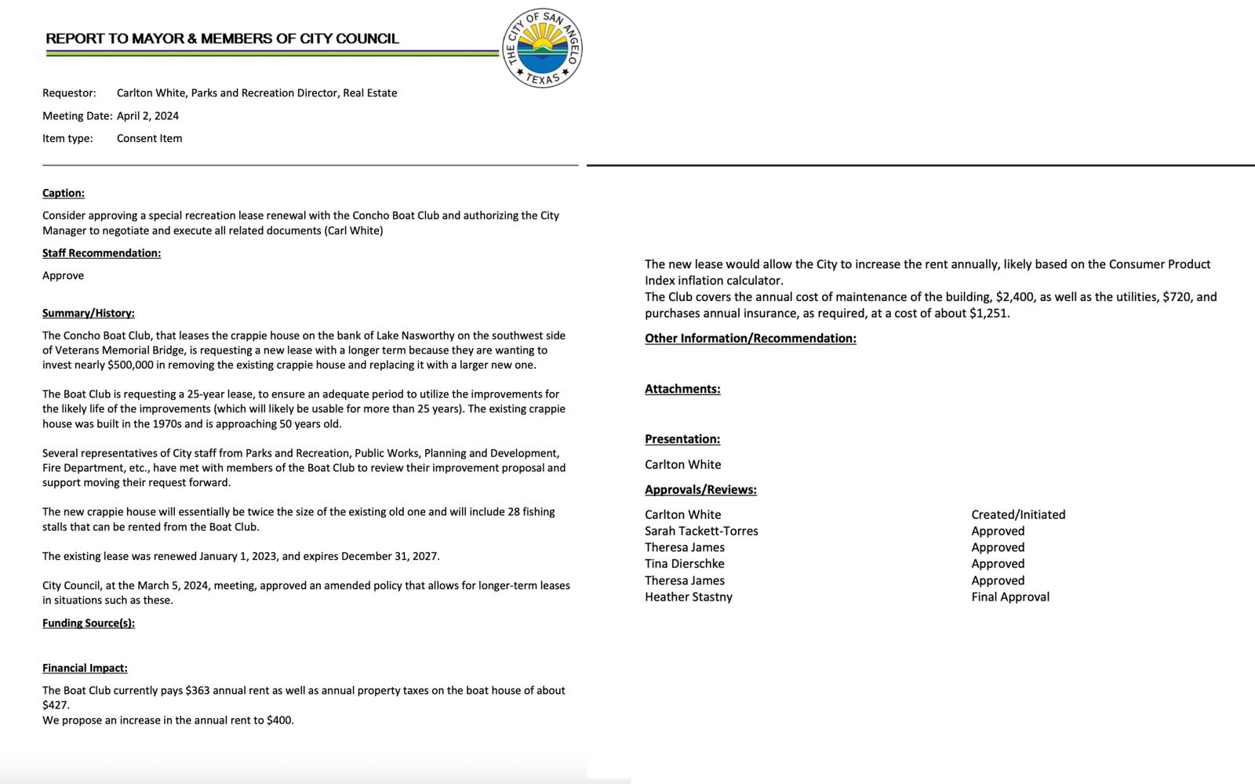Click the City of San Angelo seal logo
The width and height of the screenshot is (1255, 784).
click(543, 49)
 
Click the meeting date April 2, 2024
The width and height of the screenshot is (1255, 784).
click(147, 116)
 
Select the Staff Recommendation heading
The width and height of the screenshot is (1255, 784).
click(101, 253)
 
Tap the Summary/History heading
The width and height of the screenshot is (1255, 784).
click(89, 313)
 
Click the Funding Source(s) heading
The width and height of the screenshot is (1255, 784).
click(89, 623)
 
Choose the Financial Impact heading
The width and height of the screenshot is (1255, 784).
click(85, 668)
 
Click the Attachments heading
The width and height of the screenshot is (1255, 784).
click(682, 389)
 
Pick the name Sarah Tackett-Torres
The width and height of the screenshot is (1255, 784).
click(701, 531)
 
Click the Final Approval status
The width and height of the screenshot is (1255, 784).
click(1009, 597)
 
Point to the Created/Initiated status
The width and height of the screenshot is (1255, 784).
click(1018, 514)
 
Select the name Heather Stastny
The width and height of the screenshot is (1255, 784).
click(688, 597)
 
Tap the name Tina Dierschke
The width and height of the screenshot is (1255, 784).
click(684, 564)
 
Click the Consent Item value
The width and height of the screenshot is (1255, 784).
click(149, 139)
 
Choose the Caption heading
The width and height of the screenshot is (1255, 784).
click(64, 193)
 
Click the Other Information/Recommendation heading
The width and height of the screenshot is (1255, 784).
click(750, 339)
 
